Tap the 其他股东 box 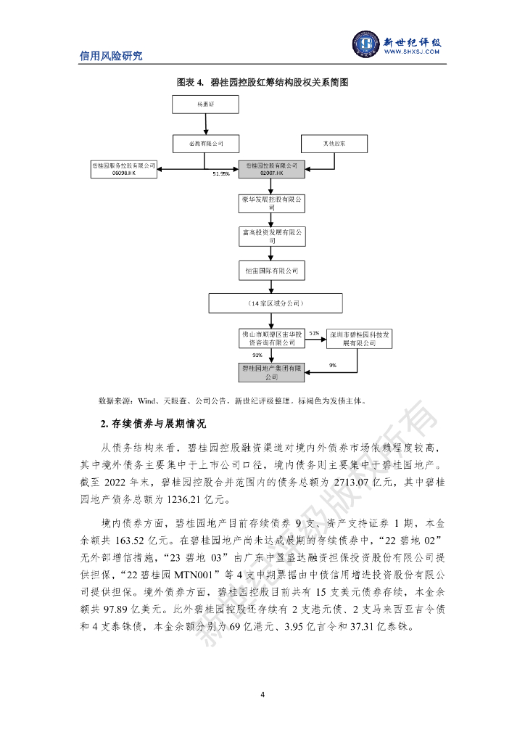[x=334, y=143]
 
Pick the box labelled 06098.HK [x=124, y=170]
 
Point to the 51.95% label [x=220, y=174]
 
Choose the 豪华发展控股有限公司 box [x=272, y=202]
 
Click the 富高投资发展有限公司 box [x=272, y=236]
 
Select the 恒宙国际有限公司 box [x=272, y=270]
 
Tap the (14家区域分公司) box [x=274, y=302]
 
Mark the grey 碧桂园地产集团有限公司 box [x=272, y=372]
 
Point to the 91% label [x=257, y=356]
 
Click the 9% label [x=332, y=365]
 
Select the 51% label [x=314, y=332]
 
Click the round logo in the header [x=367, y=45]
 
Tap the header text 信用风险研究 [x=111, y=56]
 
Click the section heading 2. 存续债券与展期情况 [x=143, y=423]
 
